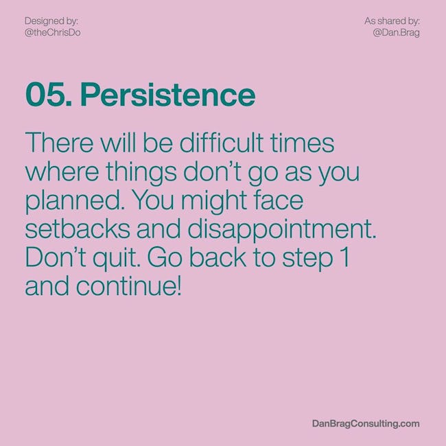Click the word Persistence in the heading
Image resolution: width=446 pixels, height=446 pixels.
[167, 95]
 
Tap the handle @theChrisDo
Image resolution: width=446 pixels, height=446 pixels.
[53, 33]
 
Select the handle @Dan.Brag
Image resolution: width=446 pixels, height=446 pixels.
[396, 33]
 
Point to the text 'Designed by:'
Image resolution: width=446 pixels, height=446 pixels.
[51, 21]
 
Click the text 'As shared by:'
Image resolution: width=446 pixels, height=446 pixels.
[392, 21]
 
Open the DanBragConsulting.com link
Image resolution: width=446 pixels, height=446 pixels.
[366, 423]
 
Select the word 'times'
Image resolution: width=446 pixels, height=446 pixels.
[302, 143]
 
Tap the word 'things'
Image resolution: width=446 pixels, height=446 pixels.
[141, 173]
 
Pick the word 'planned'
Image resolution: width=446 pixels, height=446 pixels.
[73, 201]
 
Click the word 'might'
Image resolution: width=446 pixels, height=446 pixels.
[214, 201]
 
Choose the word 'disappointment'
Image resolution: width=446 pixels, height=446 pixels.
[279, 230]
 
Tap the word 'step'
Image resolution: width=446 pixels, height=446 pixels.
[307, 259]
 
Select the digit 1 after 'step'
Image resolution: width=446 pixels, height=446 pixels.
[345, 257]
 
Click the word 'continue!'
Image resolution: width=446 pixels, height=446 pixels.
[128, 285]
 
